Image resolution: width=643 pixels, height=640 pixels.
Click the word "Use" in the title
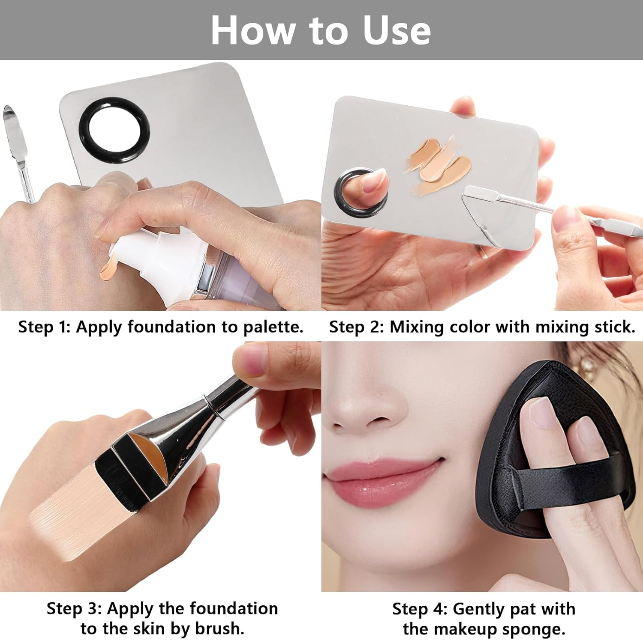tap(397, 30)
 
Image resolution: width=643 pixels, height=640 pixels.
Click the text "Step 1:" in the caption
tap(44, 327)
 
